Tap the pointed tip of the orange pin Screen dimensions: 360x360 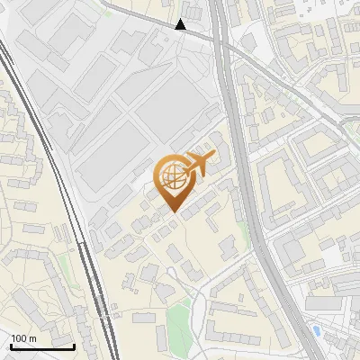click(173, 211)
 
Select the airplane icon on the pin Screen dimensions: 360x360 click(199, 165)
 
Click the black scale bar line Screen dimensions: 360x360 click(42, 346)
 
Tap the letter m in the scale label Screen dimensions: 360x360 click(32, 338)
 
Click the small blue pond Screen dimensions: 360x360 click(315, 331)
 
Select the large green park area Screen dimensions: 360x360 click(180, 328)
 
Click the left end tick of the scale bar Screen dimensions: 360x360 click(11, 346)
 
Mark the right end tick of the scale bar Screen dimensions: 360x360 click(74, 346)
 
